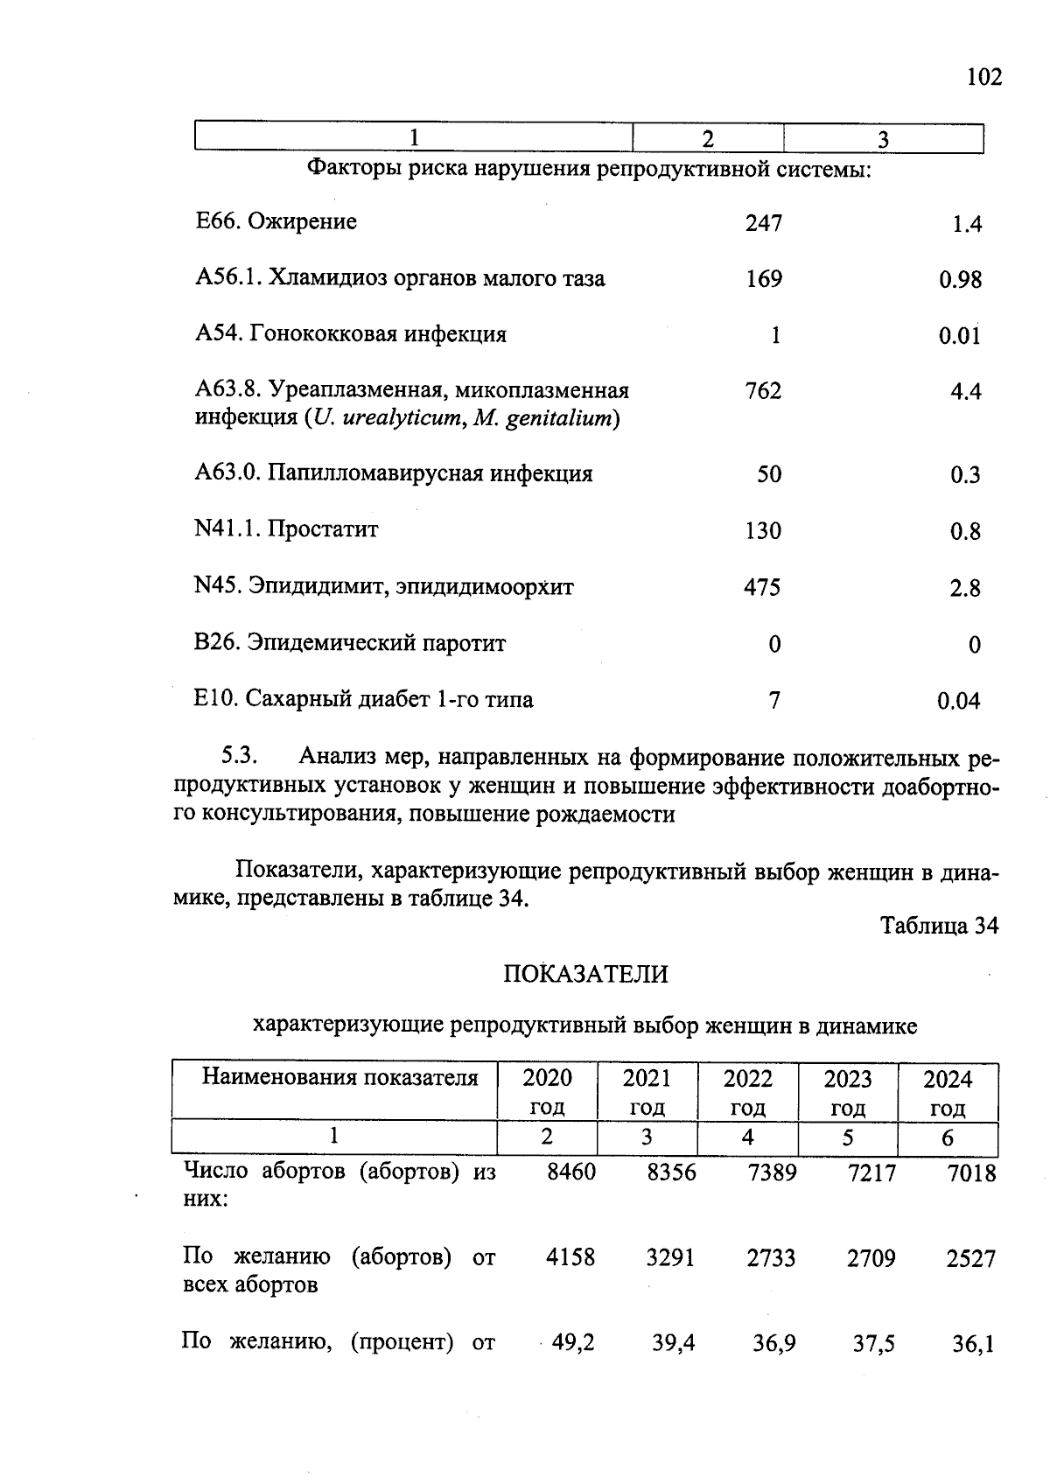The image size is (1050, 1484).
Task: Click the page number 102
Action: click(x=983, y=78)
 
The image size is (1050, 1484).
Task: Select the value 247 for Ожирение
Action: click(x=763, y=224)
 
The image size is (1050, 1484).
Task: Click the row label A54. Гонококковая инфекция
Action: click(x=351, y=334)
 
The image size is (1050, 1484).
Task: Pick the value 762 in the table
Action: click(x=763, y=391)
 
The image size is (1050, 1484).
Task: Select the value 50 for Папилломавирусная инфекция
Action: click(x=768, y=474)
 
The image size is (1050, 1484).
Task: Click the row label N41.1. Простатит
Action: click(x=286, y=529)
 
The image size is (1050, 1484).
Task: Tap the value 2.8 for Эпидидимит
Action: click(x=964, y=588)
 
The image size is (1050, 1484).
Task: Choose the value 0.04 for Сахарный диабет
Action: click(x=958, y=701)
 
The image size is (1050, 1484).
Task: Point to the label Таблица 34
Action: click(x=939, y=926)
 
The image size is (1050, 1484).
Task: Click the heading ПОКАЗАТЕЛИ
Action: click(x=585, y=974)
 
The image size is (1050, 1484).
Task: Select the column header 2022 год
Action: click(x=747, y=1092)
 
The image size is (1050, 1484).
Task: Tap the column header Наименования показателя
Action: click(x=340, y=1077)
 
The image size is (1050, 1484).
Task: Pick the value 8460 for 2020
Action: click(x=570, y=1172)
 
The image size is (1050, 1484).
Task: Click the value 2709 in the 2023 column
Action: click(x=871, y=1259)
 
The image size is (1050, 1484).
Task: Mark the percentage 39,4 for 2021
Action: click(x=673, y=1342)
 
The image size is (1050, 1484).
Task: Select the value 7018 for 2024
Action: click(x=971, y=1173)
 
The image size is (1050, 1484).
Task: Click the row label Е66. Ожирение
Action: click(x=276, y=222)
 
